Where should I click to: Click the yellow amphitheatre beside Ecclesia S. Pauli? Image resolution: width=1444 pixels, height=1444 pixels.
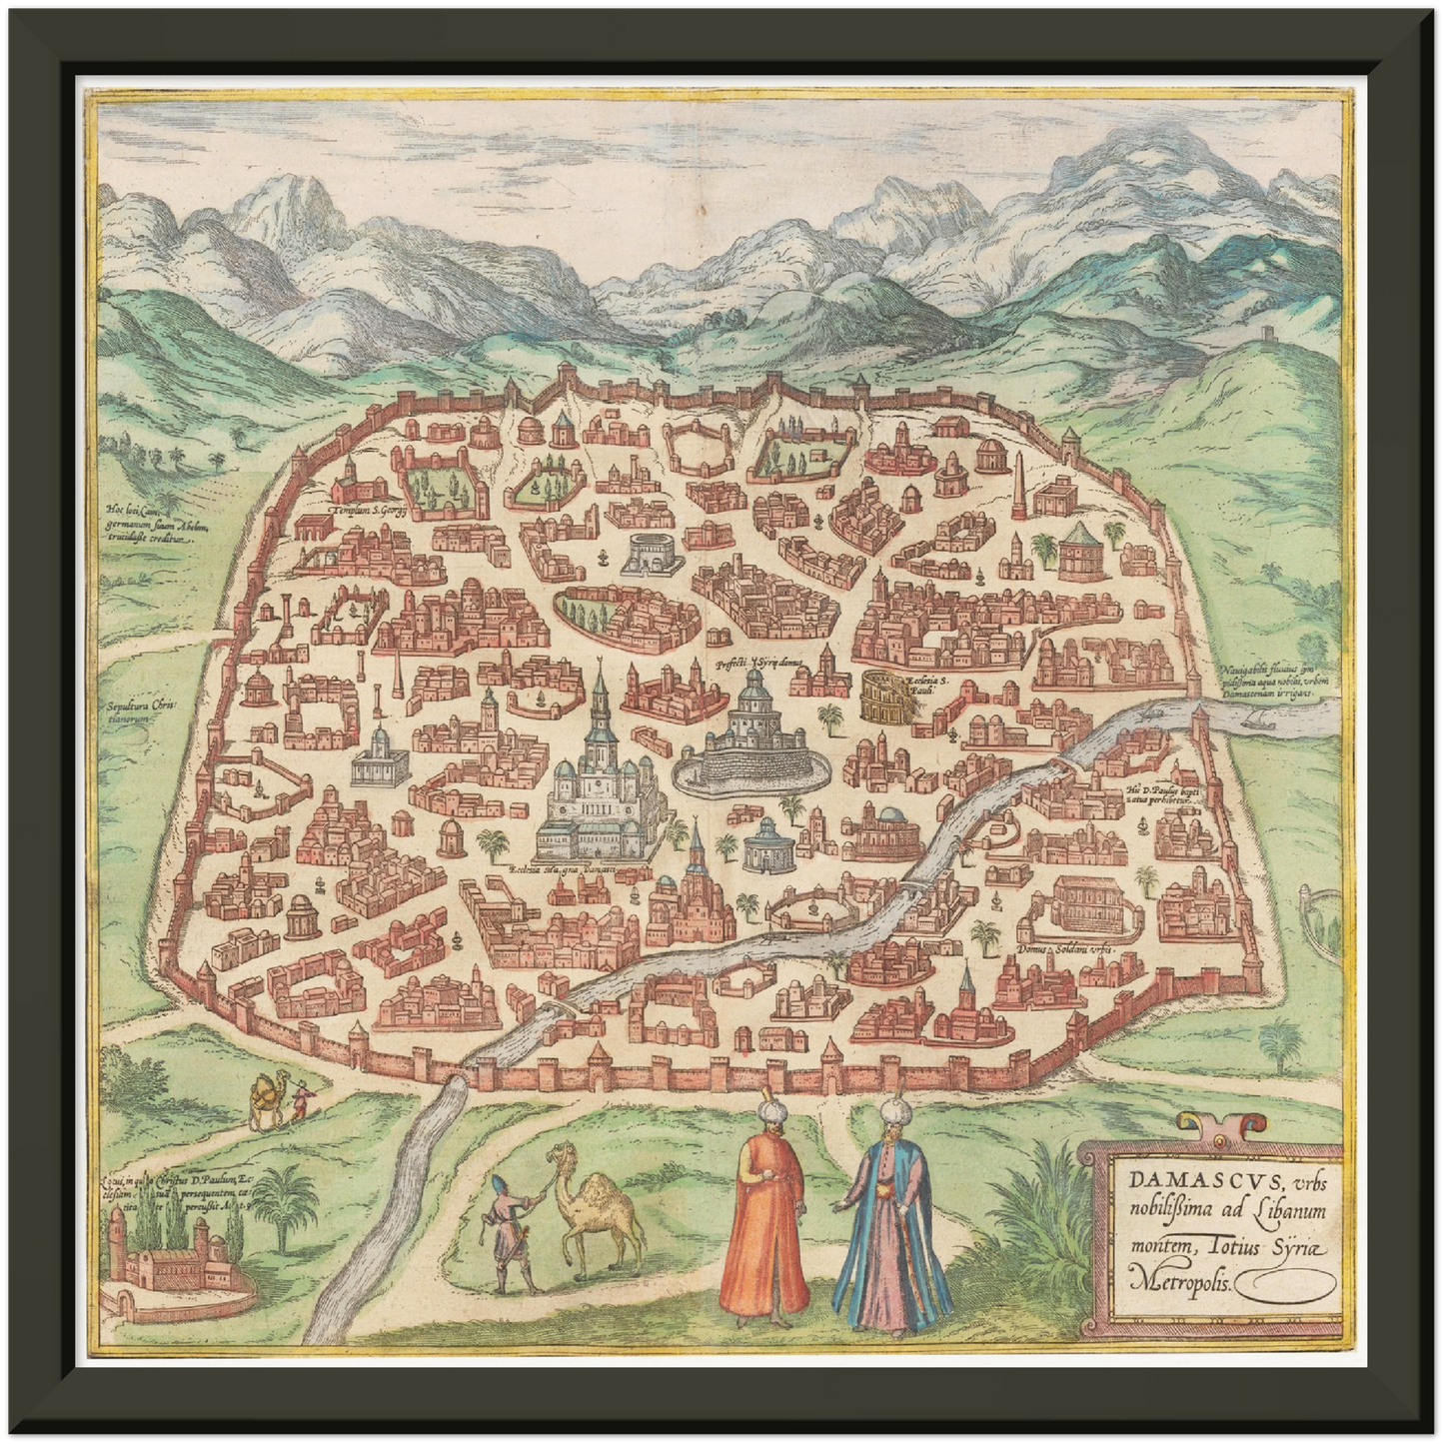(878, 694)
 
